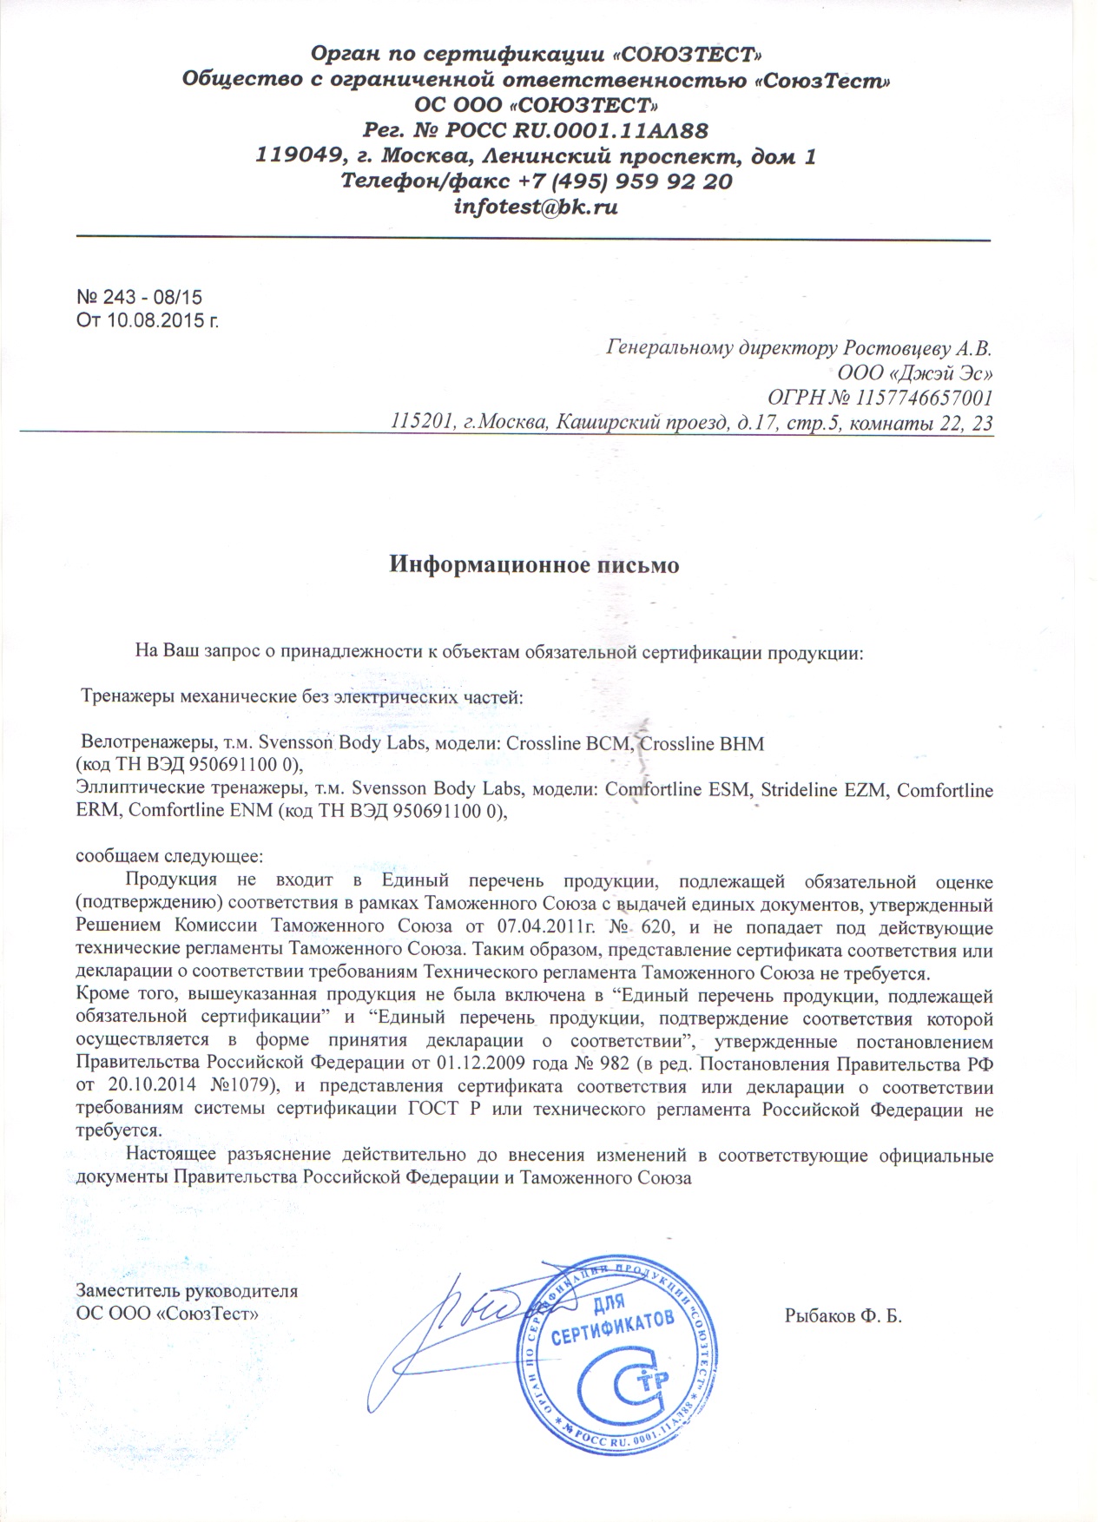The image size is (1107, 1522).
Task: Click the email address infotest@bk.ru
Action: [x=536, y=208]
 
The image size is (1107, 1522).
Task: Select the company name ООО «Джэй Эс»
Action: [x=916, y=373]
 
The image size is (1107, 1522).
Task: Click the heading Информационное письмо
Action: [x=533, y=564]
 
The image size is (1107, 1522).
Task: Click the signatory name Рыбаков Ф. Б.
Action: [x=843, y=1316]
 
